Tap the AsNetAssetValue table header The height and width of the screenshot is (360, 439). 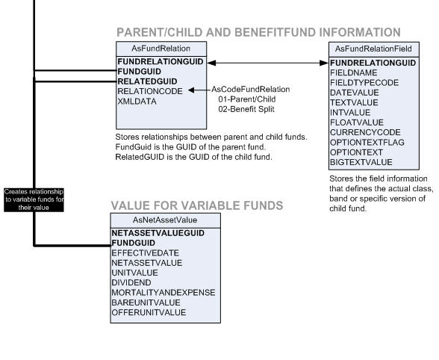(x=165, y=220)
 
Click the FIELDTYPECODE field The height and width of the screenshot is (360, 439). (x=364, y=83)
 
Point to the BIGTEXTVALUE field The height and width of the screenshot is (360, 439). (x=362, y=161)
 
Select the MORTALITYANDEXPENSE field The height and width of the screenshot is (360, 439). (x=163, y=292)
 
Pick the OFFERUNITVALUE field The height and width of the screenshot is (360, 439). (x=150, y=311)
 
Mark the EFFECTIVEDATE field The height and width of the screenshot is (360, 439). (x=145, y=253)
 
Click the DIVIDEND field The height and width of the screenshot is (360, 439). (x=132, y=282)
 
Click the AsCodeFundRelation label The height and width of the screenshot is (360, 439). (x=251, y=90)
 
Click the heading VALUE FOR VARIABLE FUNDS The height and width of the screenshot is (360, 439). (x=196, y=205)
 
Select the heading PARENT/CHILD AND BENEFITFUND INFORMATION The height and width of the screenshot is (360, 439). (x=258, y=32)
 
